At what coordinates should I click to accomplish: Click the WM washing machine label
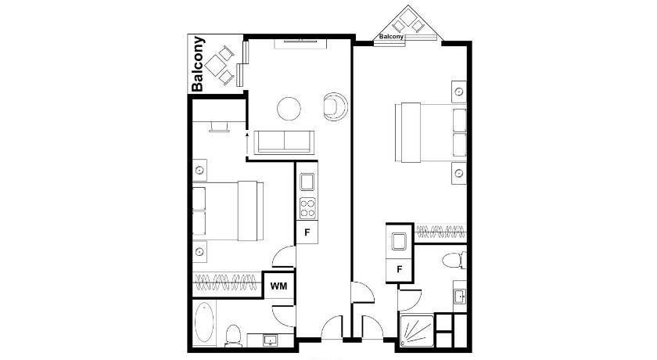click(x=278, y=286)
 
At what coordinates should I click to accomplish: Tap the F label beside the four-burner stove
click(x=307, y=232)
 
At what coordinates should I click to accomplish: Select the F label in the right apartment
click(x=400, y=269)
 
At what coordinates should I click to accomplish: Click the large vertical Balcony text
click(x=198, y=63)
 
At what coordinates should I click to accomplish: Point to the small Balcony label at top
click(x=391, y=37)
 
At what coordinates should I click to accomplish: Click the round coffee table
click(x=289, y=109)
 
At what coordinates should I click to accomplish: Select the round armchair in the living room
click(x=336, y=106)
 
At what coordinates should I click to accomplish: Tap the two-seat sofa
click(x=285, y=142)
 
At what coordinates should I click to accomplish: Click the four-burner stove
click(x=307, y=208)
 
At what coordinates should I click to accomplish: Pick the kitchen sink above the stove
click(x=307, y=182)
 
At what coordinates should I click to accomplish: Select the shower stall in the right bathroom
click(x=417, y=331)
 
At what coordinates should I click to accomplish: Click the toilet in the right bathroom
click(x=454, y=260)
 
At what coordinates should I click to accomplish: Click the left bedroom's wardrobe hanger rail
click(x=226, y=282)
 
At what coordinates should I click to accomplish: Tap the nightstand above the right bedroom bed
click(x=459, y=92)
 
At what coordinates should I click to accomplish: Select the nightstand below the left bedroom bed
click(x=200, y=251)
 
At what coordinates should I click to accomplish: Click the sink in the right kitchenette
click(x=398, y=241)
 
